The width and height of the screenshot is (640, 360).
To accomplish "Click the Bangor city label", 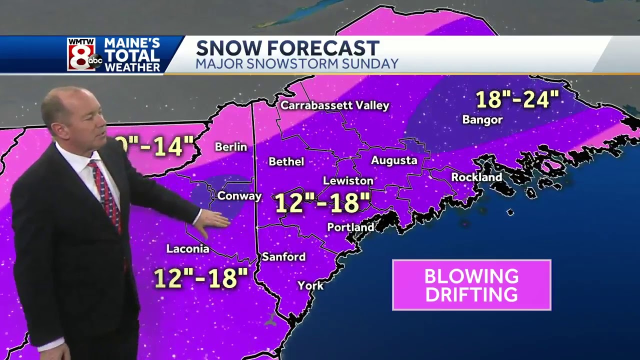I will [482, 119].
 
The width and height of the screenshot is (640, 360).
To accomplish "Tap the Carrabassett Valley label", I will [334, 105].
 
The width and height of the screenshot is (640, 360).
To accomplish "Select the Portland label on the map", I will [350, 227].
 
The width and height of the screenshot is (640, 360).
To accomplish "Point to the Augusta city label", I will [394, 160].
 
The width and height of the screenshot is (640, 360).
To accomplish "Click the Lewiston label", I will [348, 181].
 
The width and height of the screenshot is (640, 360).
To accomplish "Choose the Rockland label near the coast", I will [476, 177].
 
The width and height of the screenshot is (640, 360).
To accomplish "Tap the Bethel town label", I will [286, 161].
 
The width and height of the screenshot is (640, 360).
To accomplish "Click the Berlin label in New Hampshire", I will [231, 147].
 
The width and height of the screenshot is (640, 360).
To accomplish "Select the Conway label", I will [239, 196].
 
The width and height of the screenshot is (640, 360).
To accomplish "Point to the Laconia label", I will [187, 248].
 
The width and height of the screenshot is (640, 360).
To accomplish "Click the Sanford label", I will [283, 256].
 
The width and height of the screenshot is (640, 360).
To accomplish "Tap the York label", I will [310, 285].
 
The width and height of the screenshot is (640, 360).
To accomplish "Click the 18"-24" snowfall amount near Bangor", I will [516, 99].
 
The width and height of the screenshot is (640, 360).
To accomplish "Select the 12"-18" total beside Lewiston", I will [322, 203].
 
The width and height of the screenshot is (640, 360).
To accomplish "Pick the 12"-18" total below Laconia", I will [201, 278].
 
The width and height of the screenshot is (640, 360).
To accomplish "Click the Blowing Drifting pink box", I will [471, 285].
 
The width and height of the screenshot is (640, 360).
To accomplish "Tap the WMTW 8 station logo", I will [83, 54].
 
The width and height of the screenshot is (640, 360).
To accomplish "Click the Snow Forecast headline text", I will [287, 48].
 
